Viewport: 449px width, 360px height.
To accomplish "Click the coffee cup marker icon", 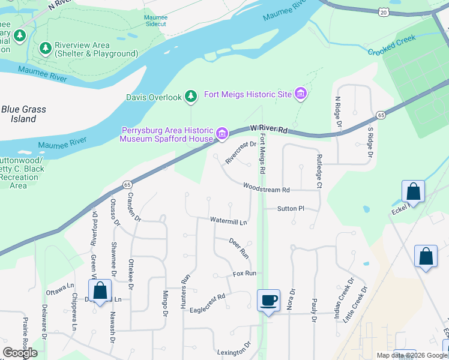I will coord(268,299).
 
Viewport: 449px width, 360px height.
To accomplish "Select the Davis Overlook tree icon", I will coord(190,96).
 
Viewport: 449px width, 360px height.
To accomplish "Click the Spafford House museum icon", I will coord(221,133).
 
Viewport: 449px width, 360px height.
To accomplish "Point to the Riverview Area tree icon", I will coord(45,47).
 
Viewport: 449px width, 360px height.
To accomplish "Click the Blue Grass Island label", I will coord(23,114).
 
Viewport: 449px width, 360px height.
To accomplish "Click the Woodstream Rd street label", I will coord(267,190).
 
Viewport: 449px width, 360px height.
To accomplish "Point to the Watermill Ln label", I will coord(228,221).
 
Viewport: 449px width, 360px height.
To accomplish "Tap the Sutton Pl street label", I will coord(291,209).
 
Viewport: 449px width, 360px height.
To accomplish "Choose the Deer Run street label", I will coord(239,247).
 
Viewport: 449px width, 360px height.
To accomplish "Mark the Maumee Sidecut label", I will coord(155,20).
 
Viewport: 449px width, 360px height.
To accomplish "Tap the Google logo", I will coord(20,352).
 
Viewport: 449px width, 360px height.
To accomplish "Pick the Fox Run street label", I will coord(244,274).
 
